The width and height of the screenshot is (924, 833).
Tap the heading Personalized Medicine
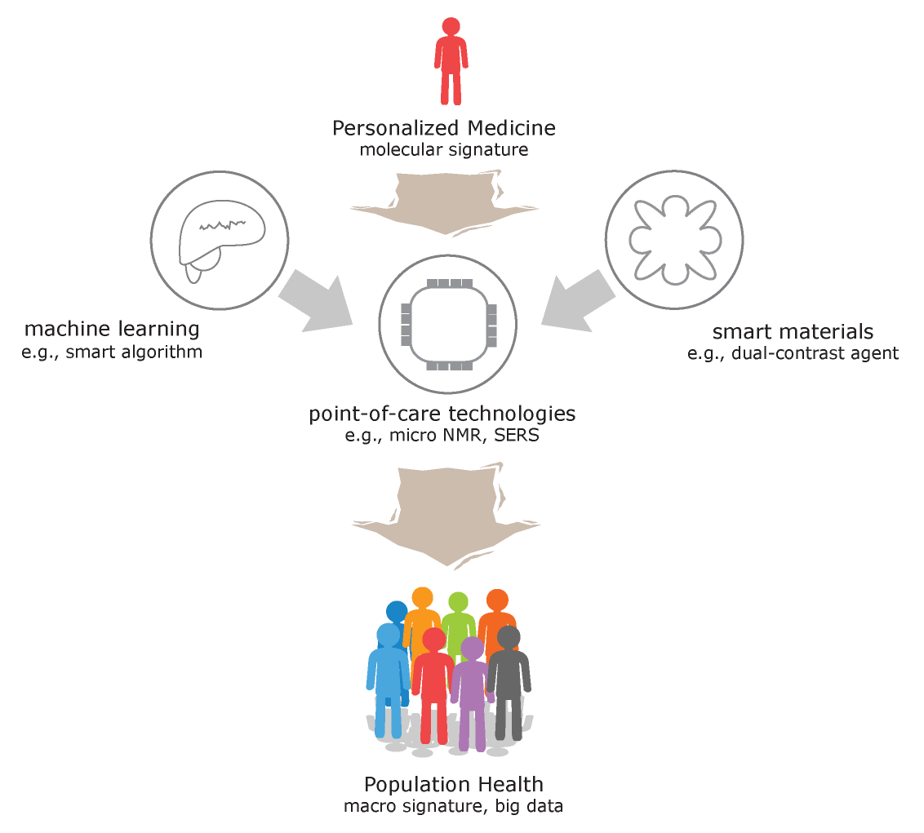pyautogui.click(x=444, y=128)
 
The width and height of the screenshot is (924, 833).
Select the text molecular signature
pyautogui.click(x=444, y=149)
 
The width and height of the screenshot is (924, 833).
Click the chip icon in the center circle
pyautogui.click(x=449, y=325)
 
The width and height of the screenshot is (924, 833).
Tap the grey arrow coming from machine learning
pyautogui.click(x=316, y=302)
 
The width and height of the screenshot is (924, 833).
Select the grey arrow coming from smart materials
pyautogui.click(x=579, y=301)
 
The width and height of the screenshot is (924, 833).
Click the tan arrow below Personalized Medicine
pyautogui.click(x=445, y=203)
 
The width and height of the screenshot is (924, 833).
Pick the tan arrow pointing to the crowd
pyautogui.click(x=446, y=515)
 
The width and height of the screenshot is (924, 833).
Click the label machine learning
pyautogui.click(x=112, y=329)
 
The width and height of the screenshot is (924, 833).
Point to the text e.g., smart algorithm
pyautogui.click(x=112, y=352)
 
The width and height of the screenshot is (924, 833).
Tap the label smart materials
pyautogui.click(x=793, y=332)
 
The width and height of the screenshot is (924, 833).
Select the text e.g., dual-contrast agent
pyautogui.click(x=793, y=353)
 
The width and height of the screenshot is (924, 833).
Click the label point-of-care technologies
pyautogui.click(x=442, y=414)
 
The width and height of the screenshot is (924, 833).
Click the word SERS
pyautogui.click(x=517, y=436)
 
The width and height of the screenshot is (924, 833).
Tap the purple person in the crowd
pyautogui.click(x=472, y=694)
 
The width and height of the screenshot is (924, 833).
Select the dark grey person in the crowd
pyautogui.click(x=509, y=684)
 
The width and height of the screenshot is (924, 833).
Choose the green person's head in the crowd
pyautogui.click(x=458, y=602)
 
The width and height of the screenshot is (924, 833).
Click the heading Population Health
pyautogui.click(x=454, y=785)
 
